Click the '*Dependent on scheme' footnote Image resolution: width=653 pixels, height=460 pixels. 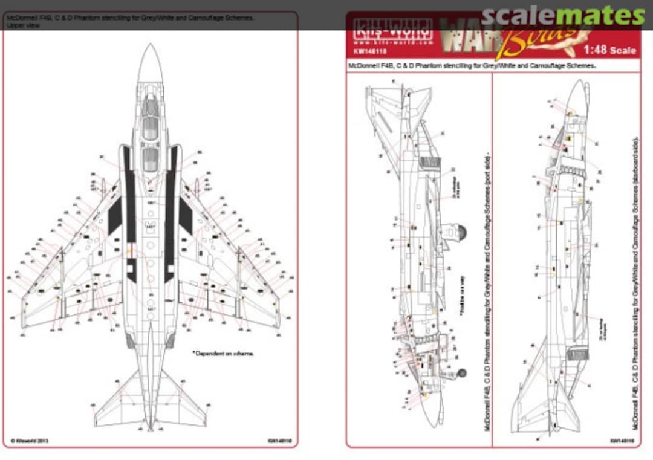pos(223,353)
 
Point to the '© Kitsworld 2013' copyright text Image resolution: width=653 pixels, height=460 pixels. pos(30,441)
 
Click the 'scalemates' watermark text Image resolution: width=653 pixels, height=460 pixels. pos(563,16)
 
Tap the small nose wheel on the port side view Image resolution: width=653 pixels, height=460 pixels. pos(463,373)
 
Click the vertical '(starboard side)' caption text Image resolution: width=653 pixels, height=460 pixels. pos(635,181)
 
